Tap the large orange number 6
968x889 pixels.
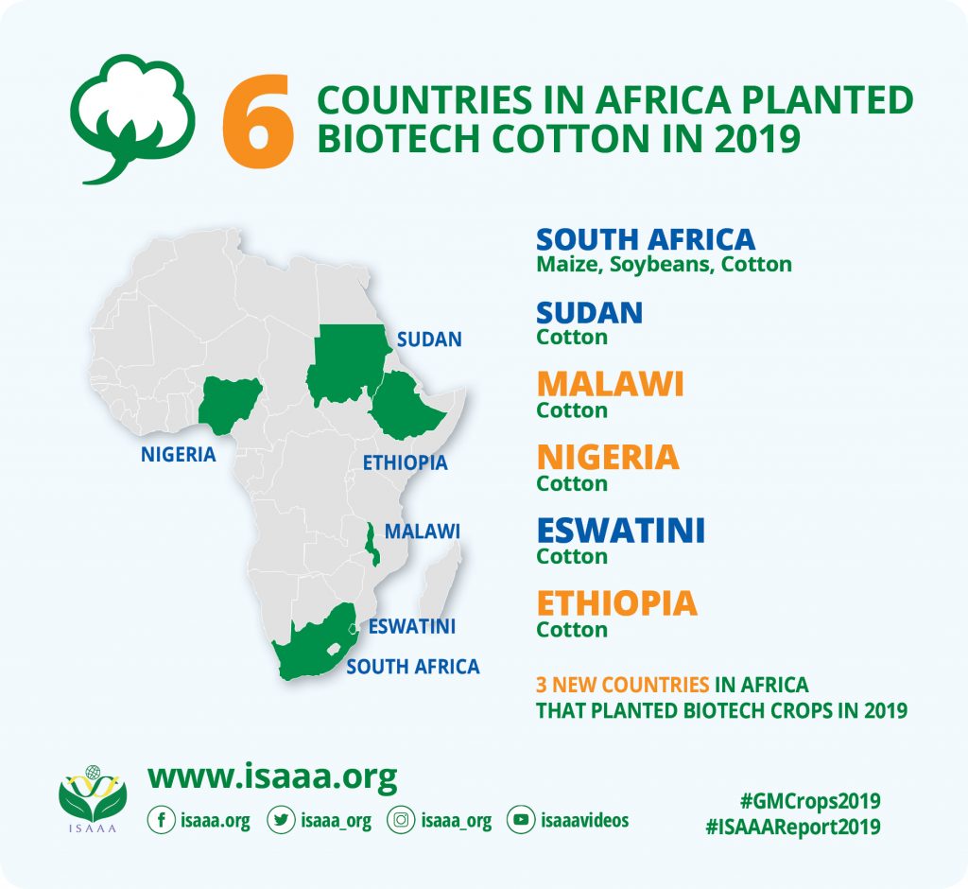258,120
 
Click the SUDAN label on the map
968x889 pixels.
429,340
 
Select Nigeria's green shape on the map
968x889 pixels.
229,404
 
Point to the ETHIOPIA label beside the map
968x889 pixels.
405,462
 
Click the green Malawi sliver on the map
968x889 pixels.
371,544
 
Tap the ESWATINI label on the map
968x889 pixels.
412,626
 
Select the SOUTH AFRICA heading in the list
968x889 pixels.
645,239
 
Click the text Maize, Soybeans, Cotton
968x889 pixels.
664,265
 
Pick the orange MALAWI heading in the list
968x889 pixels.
610,384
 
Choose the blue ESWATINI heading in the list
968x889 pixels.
620,531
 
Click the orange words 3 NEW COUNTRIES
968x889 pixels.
622,685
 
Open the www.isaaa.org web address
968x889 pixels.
272,776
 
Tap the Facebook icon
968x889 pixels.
161,820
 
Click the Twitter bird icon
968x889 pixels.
281,820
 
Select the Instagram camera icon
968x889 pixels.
401,820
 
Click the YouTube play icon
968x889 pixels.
521,820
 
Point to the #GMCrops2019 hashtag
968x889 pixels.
810,801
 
